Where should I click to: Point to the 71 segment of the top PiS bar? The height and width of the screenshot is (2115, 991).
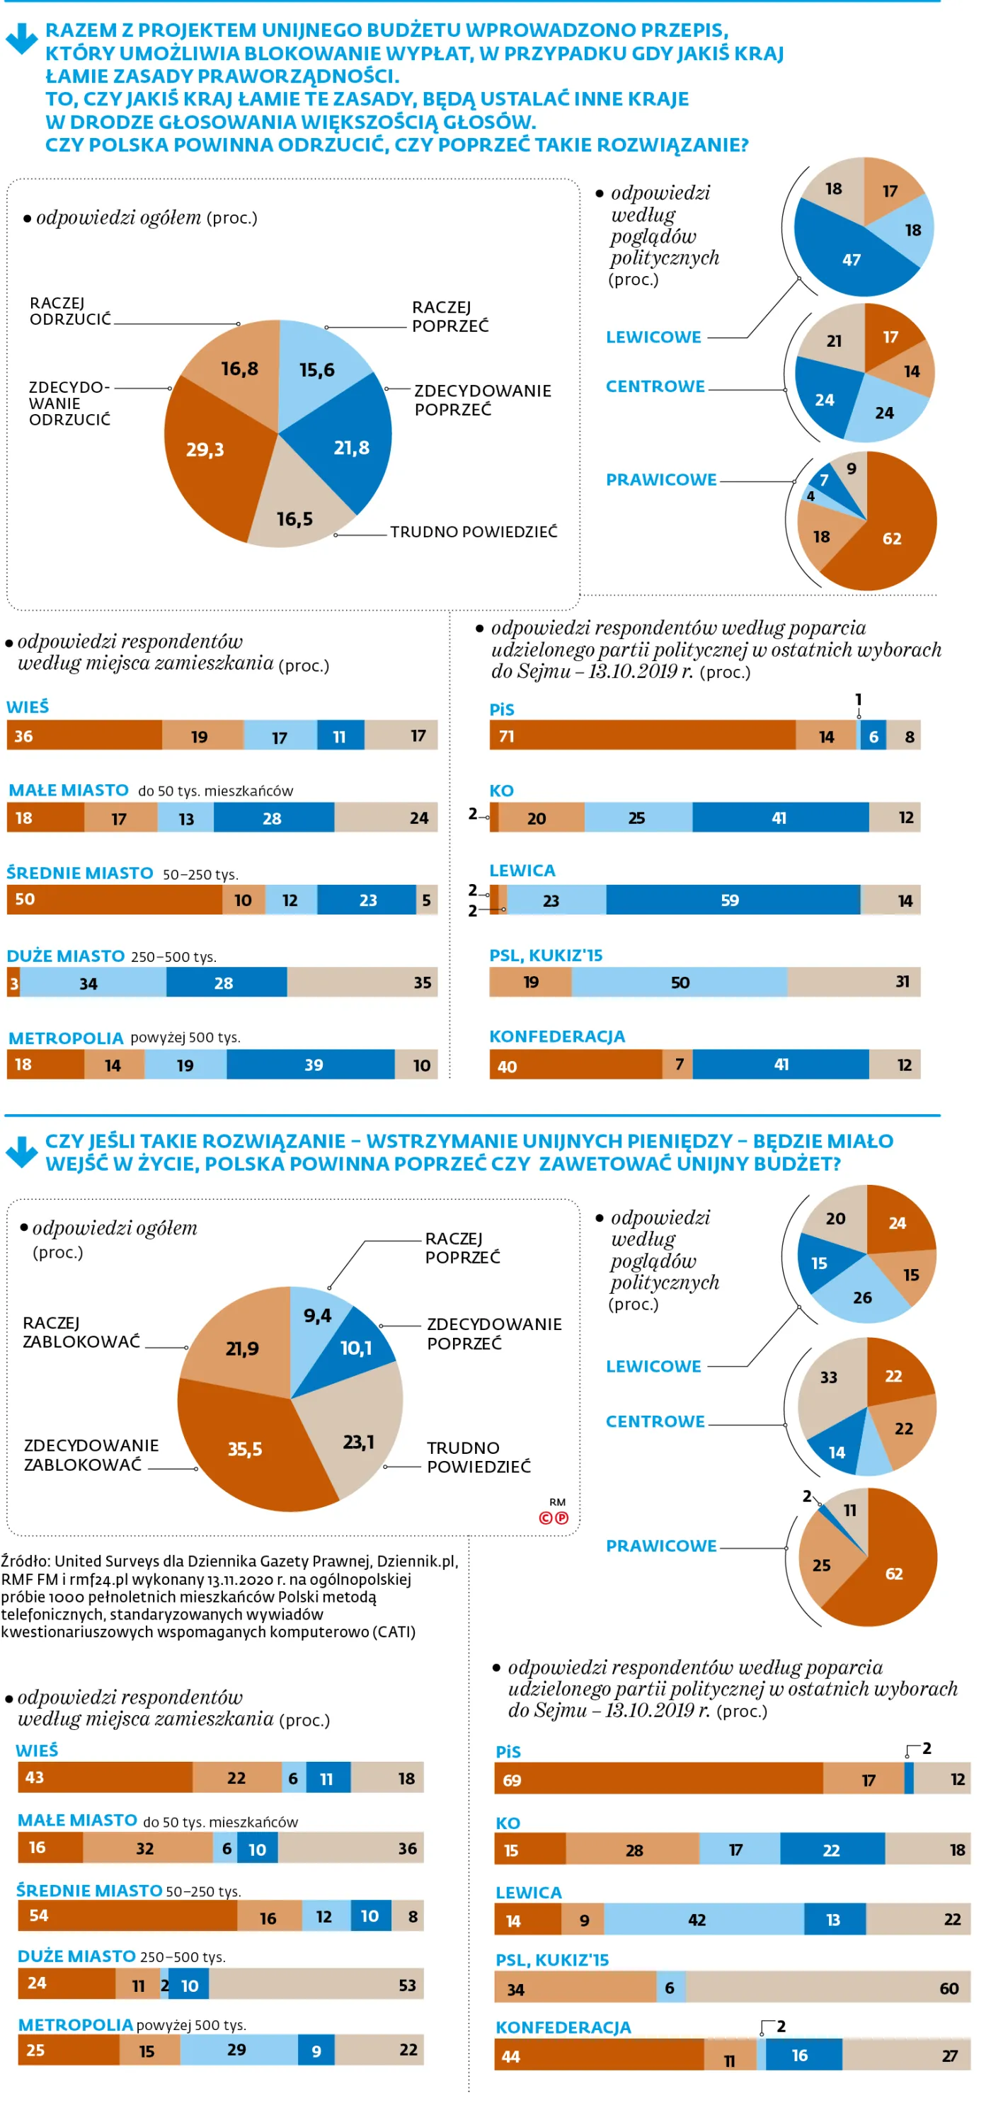point(641,735)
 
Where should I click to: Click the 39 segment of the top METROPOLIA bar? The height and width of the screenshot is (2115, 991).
point(312,1064)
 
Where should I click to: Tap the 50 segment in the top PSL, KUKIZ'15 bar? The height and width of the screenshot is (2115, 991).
point(679,982)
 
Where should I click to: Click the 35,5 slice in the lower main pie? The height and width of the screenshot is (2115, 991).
point(246,1449)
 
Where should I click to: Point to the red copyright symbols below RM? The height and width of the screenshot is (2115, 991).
point(553,1518)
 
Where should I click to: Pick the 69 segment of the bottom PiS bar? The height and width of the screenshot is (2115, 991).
point(657,1779)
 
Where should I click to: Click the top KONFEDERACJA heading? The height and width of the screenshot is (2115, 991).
point(556,1036)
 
